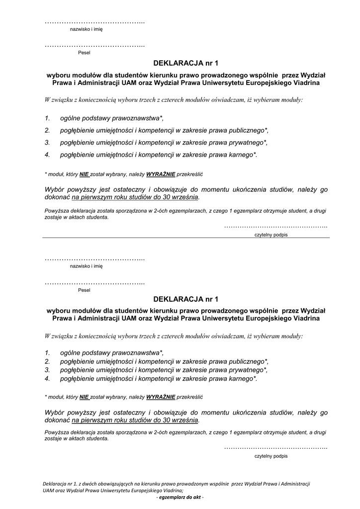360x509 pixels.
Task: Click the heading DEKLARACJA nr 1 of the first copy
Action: (x=186, y=63)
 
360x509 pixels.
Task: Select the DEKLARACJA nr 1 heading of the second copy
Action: (x=186, y=299)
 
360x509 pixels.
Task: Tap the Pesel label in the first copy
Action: (x=84, y=52)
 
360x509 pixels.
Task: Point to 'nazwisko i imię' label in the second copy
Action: (x=86, y=266)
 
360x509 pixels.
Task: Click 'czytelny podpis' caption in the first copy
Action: (x=270, y=235)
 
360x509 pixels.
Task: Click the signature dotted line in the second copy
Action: (x=275, y=448)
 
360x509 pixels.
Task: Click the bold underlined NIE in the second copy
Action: (x=84, y=397)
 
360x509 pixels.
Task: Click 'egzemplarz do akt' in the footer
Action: (x=180, y=498)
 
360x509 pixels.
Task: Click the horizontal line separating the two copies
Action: (x=186, y=238)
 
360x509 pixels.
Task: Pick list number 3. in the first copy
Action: (x=47, y=142)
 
